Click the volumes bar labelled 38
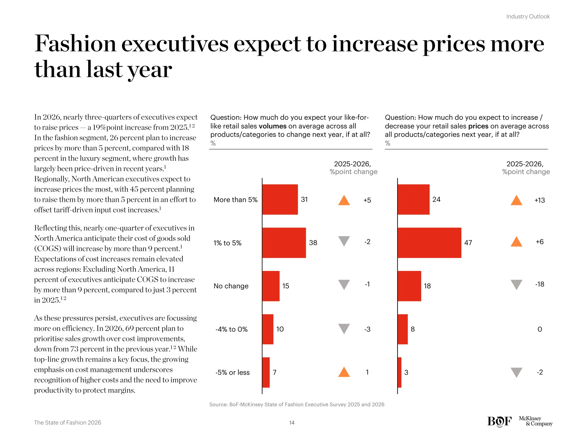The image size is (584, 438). (284, 243)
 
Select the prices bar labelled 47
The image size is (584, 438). (429, 243)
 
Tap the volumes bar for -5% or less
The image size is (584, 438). (266, 372)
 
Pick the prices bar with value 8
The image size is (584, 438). (403, 329)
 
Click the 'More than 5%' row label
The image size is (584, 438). (236, 200)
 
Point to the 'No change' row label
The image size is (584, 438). (231, 286)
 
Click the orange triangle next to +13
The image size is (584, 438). (516, 200)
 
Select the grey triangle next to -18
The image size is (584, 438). (516, 284)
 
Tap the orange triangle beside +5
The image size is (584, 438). (344, 200)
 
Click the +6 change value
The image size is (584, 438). (540, 242)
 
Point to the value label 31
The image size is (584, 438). (304, 199)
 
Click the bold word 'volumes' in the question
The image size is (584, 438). (272, 126)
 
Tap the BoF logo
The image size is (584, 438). (499, 421)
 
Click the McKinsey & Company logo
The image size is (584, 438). (535, 421)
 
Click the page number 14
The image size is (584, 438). (292, 423)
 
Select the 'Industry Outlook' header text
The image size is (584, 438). (528, 17)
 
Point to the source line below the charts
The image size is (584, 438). (297, 404)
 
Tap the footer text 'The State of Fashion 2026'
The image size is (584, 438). (68, 423)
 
